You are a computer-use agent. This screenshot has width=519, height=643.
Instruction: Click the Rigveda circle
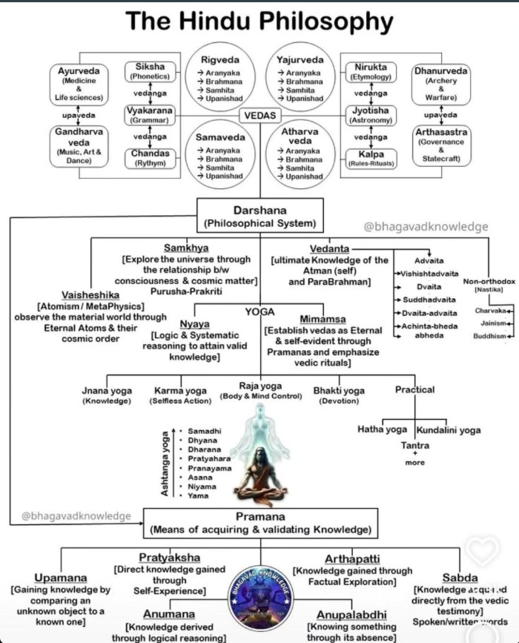[x=222, y=74]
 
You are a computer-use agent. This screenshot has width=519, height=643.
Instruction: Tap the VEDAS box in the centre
[x=260, y=116]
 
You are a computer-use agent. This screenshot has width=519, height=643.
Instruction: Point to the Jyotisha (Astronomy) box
[x=370, y=113]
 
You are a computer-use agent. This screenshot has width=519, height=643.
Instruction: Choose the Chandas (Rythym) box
[x=151, y=158]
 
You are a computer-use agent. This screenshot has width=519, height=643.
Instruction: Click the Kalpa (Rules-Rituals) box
[x=370, y=158]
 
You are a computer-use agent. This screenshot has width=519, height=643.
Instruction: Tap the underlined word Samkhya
[x=185, y=247]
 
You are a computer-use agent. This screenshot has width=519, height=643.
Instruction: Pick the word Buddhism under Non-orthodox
[x=490, y=336]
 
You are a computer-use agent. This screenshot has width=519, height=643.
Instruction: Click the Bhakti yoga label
[x=339, y=391]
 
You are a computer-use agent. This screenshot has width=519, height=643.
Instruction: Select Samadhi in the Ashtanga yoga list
[x=204, y=432]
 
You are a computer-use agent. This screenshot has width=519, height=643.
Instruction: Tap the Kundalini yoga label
[x=448, y=429]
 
